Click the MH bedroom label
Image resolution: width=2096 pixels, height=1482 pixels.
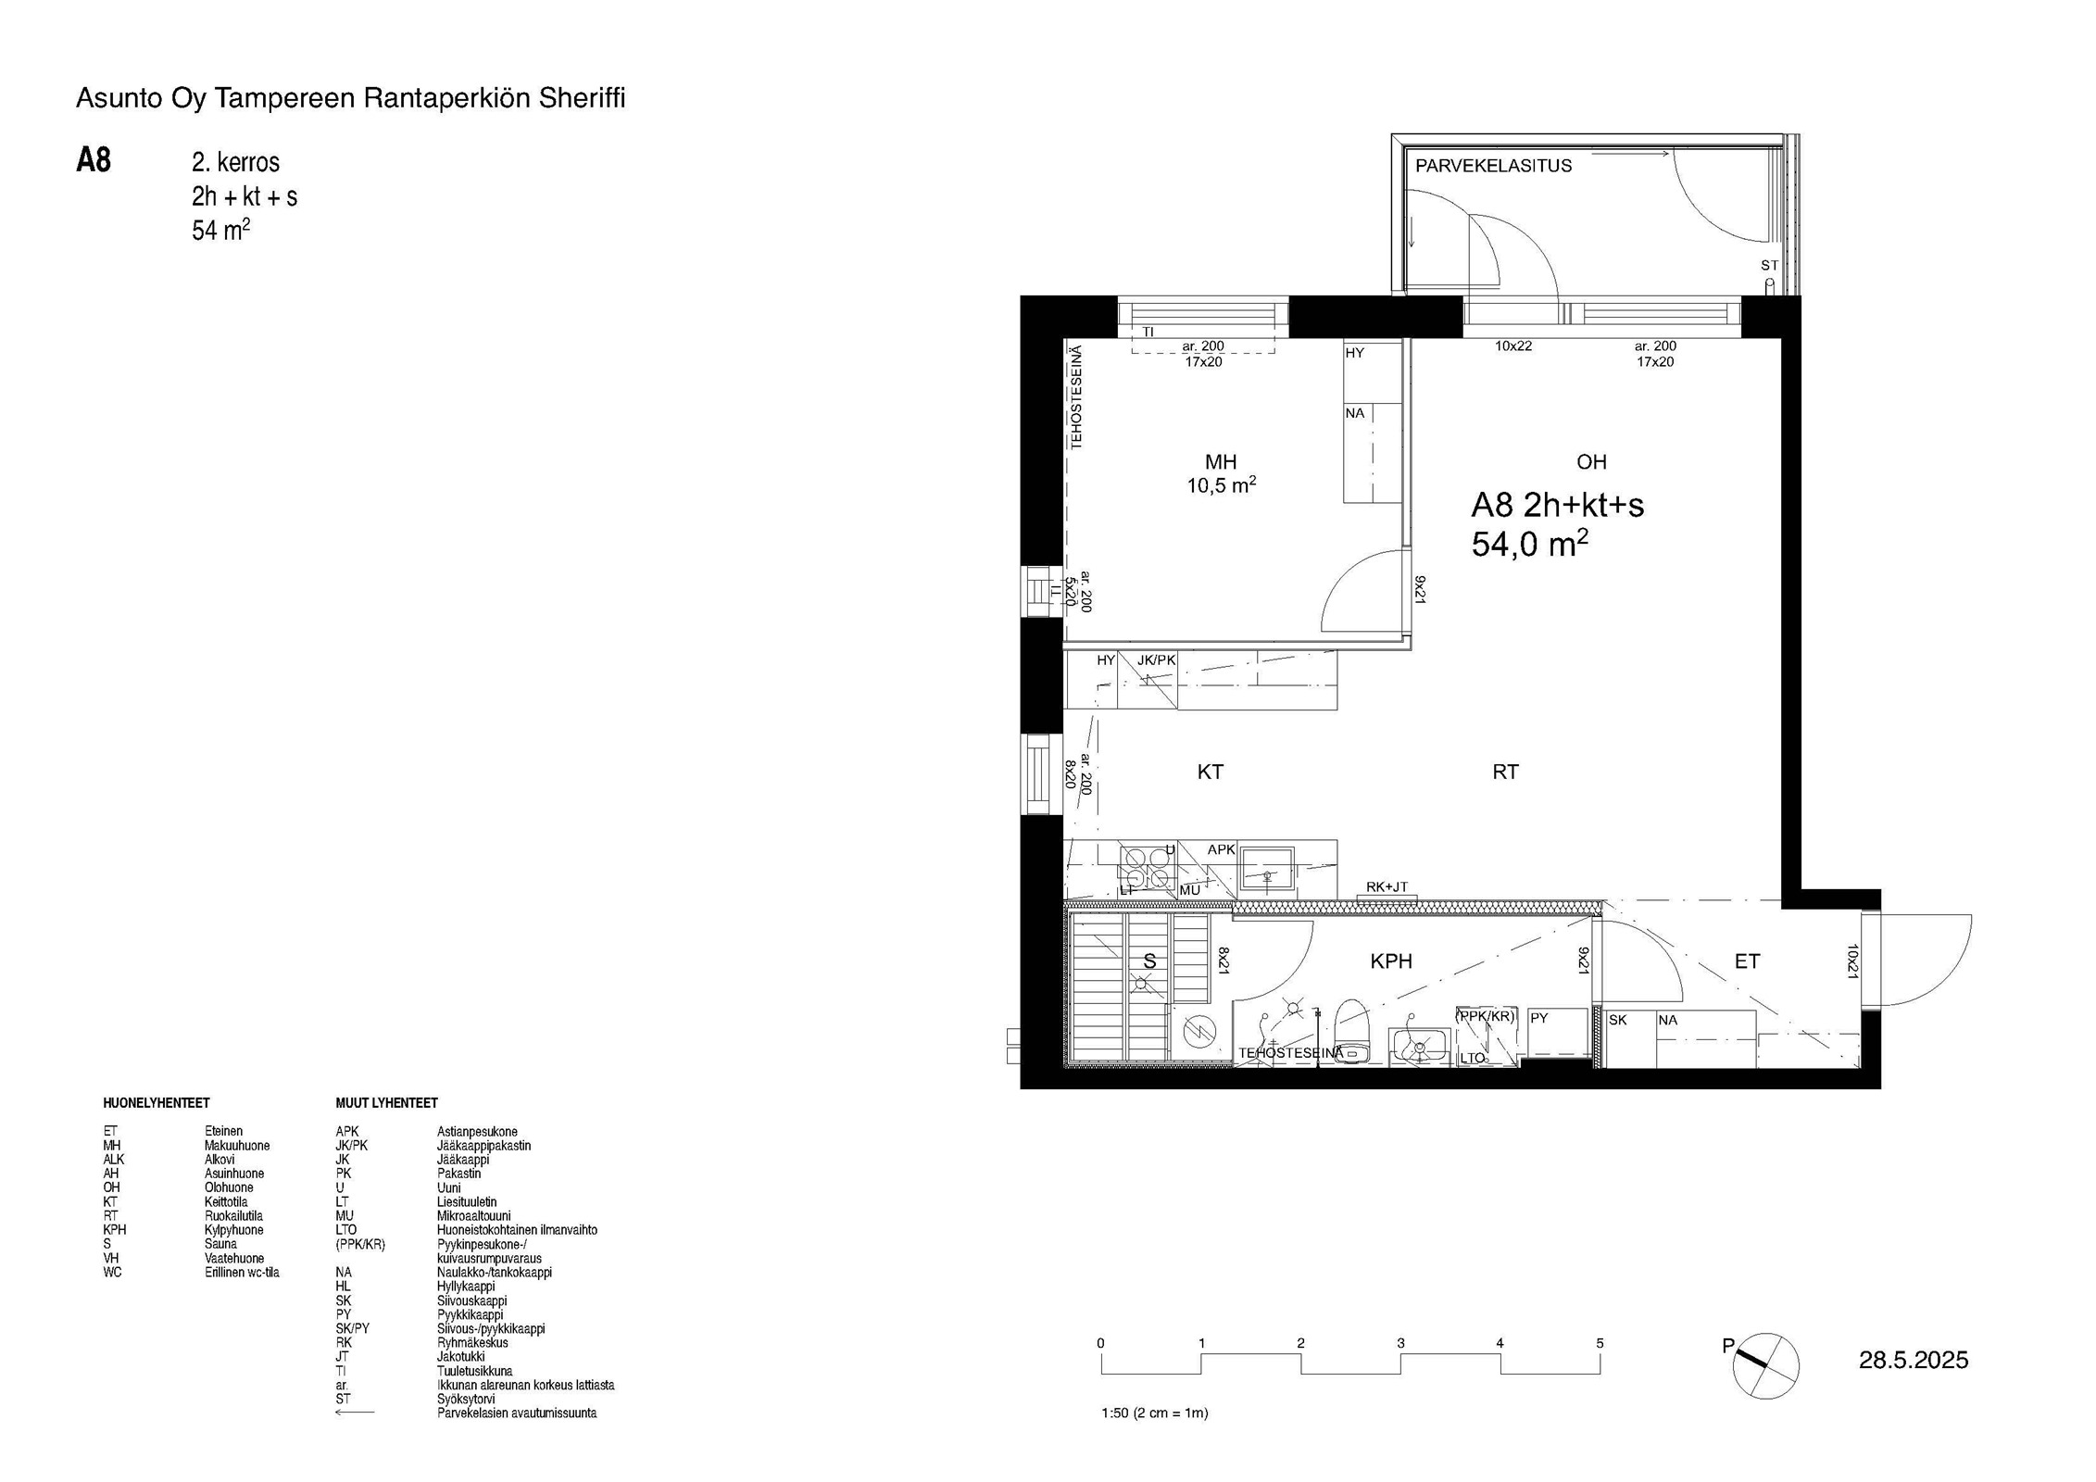[1220, 462]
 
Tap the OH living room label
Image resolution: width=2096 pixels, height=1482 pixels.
[1591, 462]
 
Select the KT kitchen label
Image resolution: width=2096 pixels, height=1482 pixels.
[1210, 772]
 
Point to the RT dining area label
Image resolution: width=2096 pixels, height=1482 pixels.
[1505, 772]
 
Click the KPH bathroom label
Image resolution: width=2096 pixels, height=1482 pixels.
[1391, 961]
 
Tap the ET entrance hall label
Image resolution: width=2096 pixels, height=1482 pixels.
[1747, 961]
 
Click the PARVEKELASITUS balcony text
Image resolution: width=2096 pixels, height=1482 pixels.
[1493, 166]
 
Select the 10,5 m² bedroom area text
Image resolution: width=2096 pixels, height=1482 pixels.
[1221, 484]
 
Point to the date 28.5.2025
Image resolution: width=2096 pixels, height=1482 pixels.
[1914, 1360]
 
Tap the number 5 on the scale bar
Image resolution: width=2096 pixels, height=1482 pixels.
[1600, 1343]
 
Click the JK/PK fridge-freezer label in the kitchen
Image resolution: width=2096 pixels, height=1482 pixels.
[1156, 660]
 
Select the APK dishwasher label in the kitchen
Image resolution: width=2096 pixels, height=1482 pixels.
[1221, 849]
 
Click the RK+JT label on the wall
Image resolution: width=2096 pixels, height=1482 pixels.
[1387, 886]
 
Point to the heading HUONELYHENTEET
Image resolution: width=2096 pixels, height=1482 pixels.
[157, 1103]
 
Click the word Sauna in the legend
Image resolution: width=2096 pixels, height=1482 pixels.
[220, 1244]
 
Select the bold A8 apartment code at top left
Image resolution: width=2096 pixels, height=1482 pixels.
[94, 160]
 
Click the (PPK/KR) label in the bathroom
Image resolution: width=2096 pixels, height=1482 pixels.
[1485, 1016]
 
